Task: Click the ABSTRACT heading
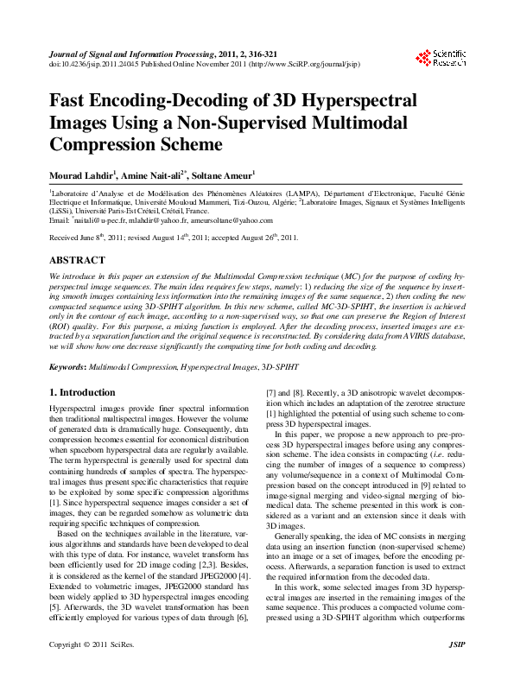click(77, 259)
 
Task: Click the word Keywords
click(69, 368)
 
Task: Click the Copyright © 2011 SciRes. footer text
click(92, 669)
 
